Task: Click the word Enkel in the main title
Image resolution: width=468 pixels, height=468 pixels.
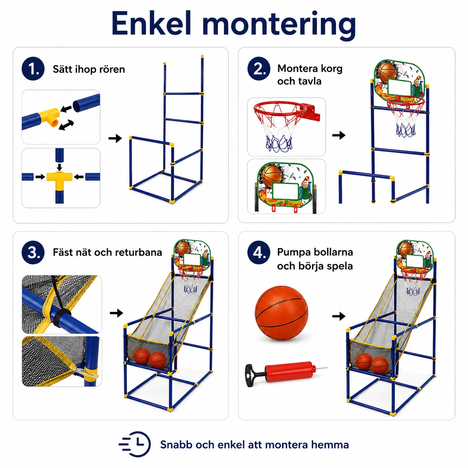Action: [x=151, y=23]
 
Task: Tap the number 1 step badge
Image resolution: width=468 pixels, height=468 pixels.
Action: [x=33, y=69]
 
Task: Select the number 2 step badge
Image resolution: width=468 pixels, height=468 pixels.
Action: [x=259, y=69]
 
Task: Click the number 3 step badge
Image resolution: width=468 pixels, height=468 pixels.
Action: [x=33, y=252]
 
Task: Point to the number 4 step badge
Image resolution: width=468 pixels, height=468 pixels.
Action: [x=259, y=252]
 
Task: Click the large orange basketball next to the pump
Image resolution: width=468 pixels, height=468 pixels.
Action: [x=281, y=313]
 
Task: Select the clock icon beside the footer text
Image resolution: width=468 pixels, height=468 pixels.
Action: [x=135, y=444]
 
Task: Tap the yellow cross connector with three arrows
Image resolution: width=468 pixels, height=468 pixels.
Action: [x=59, y=178]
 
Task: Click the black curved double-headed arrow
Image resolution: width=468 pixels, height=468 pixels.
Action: [x=66, y=125]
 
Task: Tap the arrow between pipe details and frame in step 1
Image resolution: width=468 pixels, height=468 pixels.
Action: [x=115, y=138]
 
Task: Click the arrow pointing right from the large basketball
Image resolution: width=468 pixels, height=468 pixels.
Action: [x=339, y=316]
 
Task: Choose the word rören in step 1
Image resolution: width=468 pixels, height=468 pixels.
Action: [x=113, y=69]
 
